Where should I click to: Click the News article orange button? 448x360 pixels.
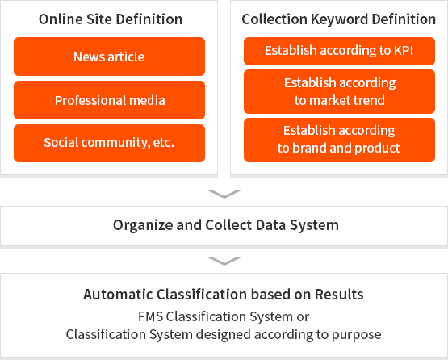point(110,57)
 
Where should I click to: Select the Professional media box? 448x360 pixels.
point(110,100)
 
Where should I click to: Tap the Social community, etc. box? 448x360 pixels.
point(110,143)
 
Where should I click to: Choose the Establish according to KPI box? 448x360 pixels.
point(339,51)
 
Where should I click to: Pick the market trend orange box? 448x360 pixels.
point(339,91)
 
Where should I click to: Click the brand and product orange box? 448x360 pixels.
point(339,140)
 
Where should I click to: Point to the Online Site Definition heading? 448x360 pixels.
point(111,19)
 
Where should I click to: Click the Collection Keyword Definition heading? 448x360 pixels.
point(339,19)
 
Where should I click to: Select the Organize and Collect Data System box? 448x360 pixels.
point(224,226)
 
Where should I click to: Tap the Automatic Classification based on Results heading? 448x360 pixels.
point(224,295)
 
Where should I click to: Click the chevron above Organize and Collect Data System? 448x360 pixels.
point(224,194)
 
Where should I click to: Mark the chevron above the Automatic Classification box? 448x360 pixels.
point(224,262)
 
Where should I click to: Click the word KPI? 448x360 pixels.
point(404,51)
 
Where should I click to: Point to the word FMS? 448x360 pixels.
point(151,316)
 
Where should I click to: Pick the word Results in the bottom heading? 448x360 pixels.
point(339,295)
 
